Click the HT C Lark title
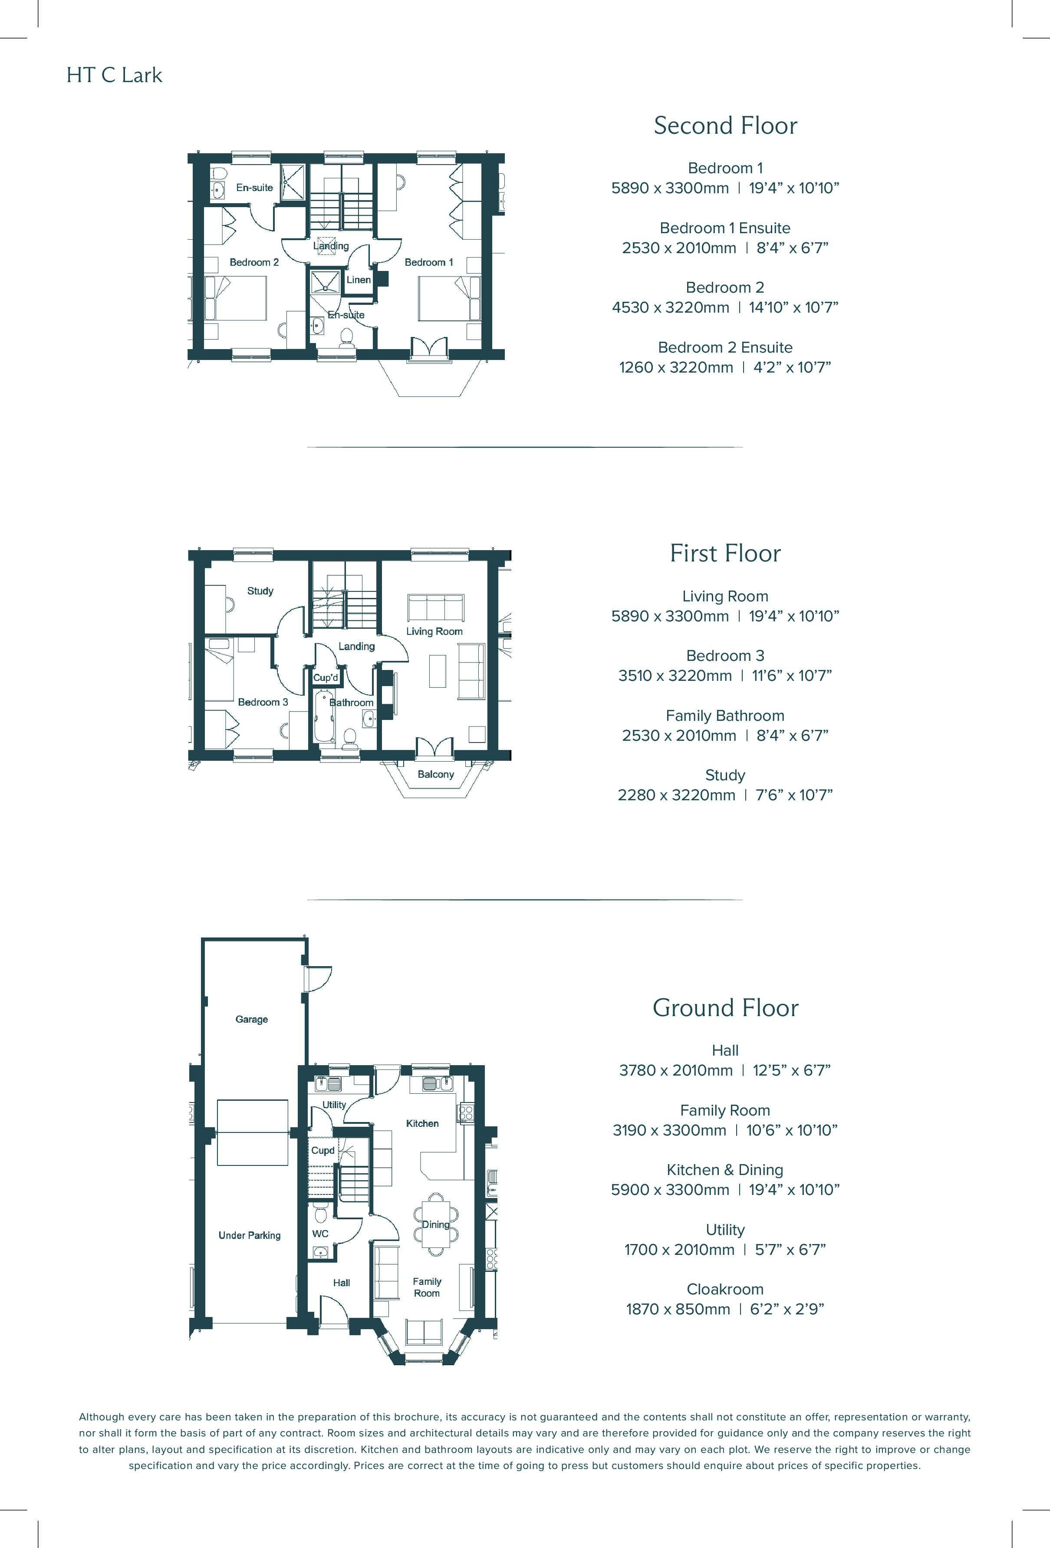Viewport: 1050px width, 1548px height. pyautogui.click(x=114, y=75)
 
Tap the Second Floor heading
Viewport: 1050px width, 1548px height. pyautogui.click(x=725, y=125)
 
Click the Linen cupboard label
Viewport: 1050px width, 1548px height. pyautogui.click(x=358, y=280)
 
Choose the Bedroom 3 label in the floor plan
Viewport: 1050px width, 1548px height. pyautogui.click(x=263, y=702)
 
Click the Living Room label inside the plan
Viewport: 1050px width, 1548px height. pyautogui.click(x=434, y=631)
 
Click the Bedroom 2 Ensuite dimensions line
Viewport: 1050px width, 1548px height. pyautogui.click(x=725, y=367)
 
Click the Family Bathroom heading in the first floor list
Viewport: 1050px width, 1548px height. pyautogui.click(x=725, y=716)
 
